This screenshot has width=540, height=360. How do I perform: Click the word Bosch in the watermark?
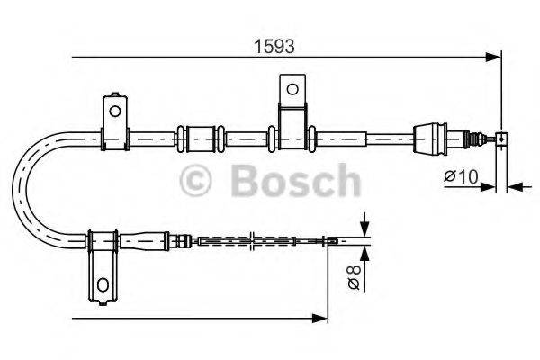pyautogui.click(x=294, y=181)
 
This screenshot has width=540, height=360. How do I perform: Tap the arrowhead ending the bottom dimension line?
pyautogui.click(x=320, y=317)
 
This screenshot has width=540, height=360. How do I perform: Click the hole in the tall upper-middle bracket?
pyautogui.click(x=292, y=89)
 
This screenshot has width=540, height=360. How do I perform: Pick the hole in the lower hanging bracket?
pyautogui.click(x=102, y=285)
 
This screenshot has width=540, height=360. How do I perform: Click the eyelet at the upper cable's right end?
pyautogui.click(x=501, y=139)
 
